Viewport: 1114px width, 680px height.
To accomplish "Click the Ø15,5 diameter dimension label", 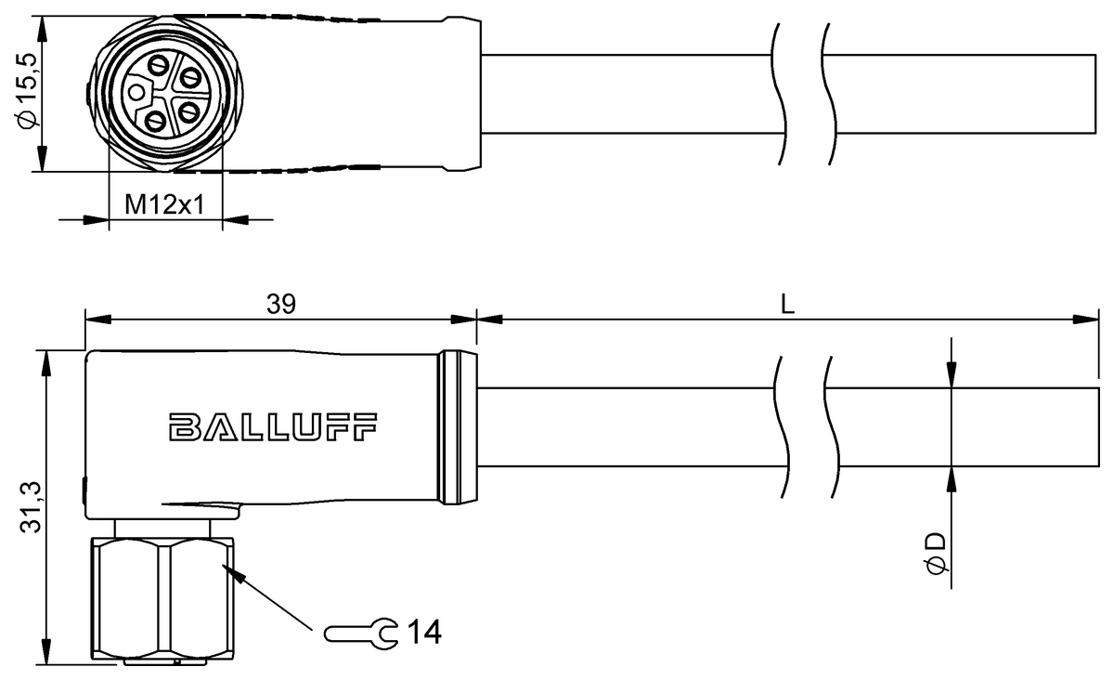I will click(x=26, y=91).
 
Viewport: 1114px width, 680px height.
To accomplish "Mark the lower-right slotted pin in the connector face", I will click(x=188, y=112).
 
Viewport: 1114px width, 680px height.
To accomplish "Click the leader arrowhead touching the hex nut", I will click(x=233, y=572).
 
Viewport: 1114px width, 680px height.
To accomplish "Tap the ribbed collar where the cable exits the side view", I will click(x=458, y=428).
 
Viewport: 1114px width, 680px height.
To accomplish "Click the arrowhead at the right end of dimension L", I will click(x=1086, y=320).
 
